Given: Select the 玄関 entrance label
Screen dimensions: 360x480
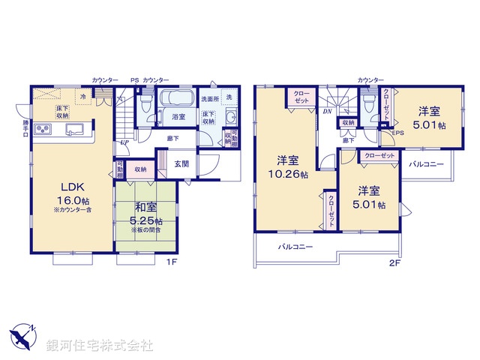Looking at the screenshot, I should (182, 163).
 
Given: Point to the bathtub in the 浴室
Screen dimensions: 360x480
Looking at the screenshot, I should (178, 100).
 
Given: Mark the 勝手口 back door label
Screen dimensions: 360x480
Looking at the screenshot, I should (25, 129).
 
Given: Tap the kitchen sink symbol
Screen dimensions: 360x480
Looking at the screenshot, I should (76, 130).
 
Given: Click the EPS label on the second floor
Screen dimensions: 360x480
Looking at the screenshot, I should (397, 133).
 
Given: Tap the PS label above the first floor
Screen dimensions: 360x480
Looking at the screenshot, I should (134, 79).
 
